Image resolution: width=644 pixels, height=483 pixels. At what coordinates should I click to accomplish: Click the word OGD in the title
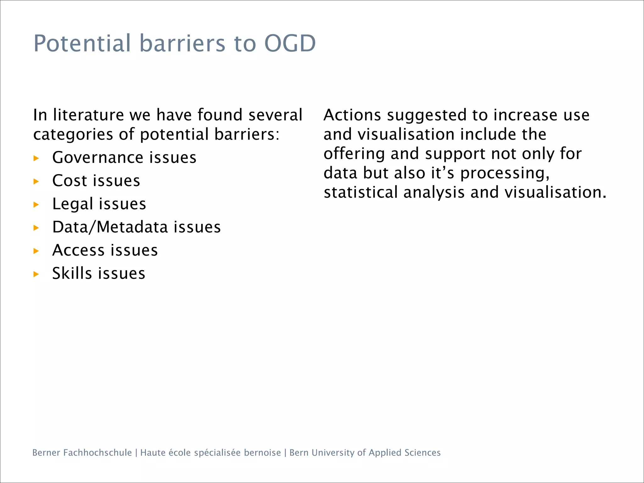(x=290, y=43)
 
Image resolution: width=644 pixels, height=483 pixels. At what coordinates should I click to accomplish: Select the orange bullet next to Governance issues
(x=36, y=158)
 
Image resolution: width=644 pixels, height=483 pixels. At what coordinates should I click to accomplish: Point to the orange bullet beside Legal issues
(x=36, y=205)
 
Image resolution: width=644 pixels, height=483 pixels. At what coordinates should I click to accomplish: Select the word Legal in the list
(x=73, y=204)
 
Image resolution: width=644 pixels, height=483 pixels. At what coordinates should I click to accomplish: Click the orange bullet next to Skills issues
(x=36, y=274)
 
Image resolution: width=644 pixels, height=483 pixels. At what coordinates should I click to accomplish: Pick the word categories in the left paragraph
(x=73, y=135)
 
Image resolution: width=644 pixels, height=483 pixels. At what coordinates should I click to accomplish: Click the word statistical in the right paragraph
(x=360, y=192)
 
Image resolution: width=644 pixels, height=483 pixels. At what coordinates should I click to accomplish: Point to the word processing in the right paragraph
(x=504, y=174)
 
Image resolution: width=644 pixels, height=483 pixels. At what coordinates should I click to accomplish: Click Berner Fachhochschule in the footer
(x=82, y=452)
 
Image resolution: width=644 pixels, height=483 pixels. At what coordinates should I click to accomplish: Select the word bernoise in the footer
(x=262, y=452)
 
